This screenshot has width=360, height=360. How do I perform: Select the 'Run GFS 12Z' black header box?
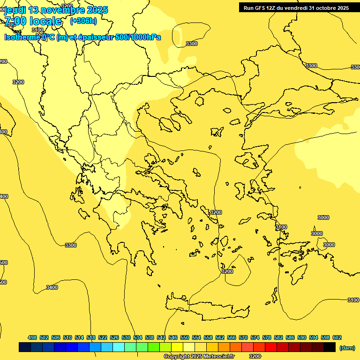(296, 7)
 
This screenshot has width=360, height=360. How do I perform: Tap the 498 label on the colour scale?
(32, 337)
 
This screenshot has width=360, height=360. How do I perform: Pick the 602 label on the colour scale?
(337, 337)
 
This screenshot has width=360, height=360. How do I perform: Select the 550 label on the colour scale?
(185, 337)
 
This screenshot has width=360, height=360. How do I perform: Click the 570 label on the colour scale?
(243, 337)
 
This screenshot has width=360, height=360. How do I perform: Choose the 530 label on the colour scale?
(126, 337)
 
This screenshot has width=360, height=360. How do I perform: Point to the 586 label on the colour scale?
(290, 337)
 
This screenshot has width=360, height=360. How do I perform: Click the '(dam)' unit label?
(347, 347)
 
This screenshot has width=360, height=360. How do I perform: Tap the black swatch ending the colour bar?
(330, 347)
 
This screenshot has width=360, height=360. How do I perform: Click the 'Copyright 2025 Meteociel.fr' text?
(199, 357)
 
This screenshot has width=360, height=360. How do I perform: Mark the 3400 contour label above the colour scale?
(52, 287)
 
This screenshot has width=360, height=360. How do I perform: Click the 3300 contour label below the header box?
(311, 66)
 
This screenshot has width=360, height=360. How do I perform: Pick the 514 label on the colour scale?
(79, 337)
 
